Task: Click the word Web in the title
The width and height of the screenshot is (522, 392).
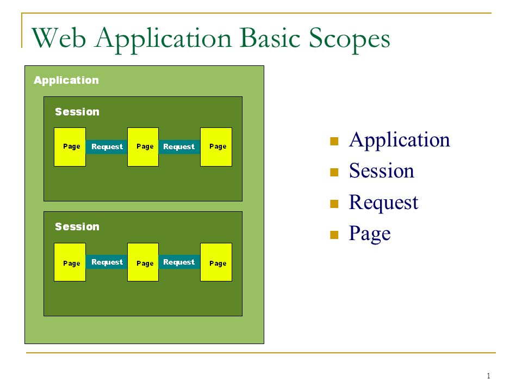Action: tap(59, 38)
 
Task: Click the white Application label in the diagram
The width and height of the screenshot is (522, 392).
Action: tap(66, 81)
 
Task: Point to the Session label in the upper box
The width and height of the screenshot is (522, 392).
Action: tap(77, 112)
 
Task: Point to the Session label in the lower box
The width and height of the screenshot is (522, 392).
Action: tap(77, 226)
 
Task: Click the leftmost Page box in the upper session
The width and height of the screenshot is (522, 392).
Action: tap(70, 147)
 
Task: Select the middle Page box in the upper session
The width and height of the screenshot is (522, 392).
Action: tap(143, 147)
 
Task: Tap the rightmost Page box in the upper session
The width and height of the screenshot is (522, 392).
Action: tap(216, 147)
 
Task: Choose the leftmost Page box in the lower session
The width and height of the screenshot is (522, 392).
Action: tap(70, 262)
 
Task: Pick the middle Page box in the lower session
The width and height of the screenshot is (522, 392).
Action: tap(143, 262)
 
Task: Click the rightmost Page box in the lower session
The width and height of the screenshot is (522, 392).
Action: tap(216, 262)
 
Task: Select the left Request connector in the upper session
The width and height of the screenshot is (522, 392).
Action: tap(107, 146)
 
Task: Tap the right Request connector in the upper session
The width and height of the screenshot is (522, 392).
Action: tap(179, 146)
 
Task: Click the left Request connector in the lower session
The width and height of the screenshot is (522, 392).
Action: tap(107, 262)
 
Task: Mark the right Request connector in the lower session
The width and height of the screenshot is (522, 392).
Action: tap(179, 262)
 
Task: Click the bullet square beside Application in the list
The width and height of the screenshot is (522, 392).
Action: tap(334, 142)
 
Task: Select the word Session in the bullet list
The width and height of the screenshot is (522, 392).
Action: tap(382, 170)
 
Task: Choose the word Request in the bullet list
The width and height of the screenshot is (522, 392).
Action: tap(383, 203)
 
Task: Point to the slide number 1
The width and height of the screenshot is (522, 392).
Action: tap(488, 376)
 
